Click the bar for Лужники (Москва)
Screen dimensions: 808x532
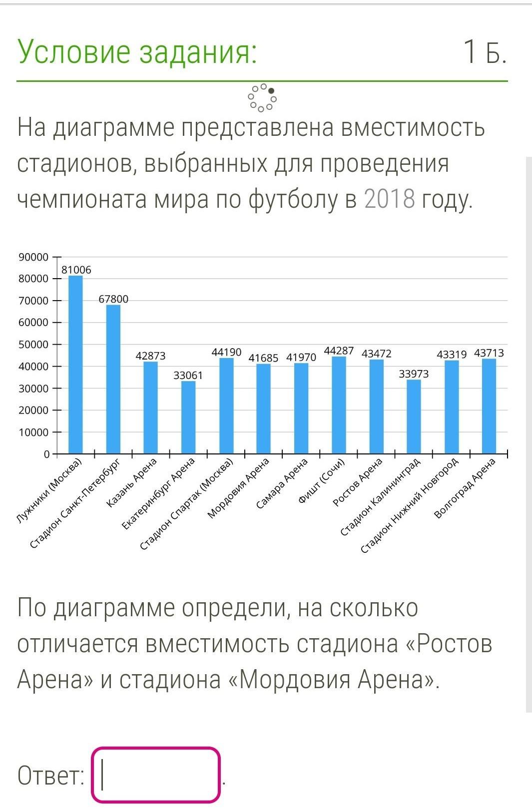click(x=75, y=365)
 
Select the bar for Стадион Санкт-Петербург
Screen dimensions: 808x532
click(x=113, y=380)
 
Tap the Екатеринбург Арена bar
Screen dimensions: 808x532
click(x=188, y=417)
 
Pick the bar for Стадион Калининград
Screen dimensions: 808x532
click(x=414, y=416)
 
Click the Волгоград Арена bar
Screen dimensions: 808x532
click(x=489, y=406)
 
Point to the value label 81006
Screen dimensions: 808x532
click(x=76, y=270)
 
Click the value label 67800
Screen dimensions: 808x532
click(x=113, y=299)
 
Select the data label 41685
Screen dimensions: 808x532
click(x=263, y=358)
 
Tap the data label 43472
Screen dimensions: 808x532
click(x=377, y=354)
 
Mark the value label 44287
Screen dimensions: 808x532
click(x=339, y=351)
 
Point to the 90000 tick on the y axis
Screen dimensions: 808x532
click(x=33, y=257)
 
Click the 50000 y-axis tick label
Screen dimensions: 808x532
click(x=33, y=345)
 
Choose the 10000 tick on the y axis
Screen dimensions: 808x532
click(x=33, y=432)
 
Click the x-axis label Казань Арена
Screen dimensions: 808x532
click(x=132, y=483)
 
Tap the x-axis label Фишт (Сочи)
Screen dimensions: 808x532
click(x=322, y=480)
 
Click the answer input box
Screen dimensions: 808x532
click(x=156, y=775)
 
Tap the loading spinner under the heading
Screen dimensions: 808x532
click(x=262, y=97)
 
